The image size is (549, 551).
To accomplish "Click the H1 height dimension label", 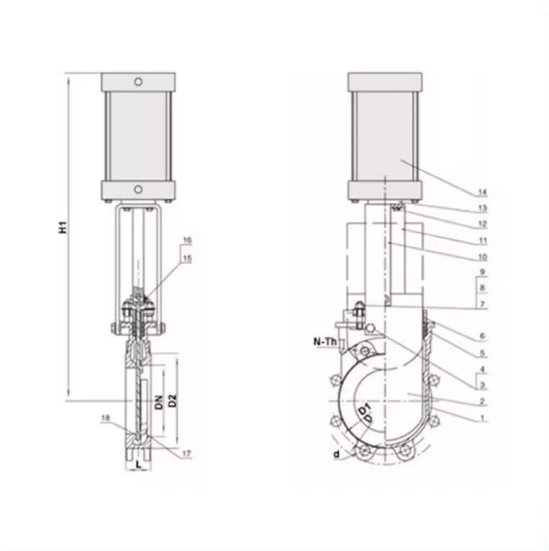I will (x=64, y=227).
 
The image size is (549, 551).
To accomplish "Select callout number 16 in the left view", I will (x=187, y=240).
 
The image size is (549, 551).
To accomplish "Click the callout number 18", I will (x=105, y=418).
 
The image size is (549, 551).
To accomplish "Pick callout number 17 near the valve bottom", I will (x=187, y=453).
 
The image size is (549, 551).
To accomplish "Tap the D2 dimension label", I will (x=173, y=401).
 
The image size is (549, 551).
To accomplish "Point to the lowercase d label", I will (x=335, y=454).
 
